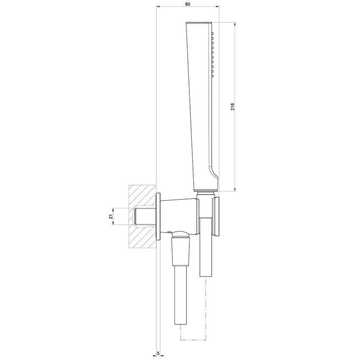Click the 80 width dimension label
(x=188, y=4)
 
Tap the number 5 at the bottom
(x=158, y=352)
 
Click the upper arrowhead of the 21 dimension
(x=113, y=209)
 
